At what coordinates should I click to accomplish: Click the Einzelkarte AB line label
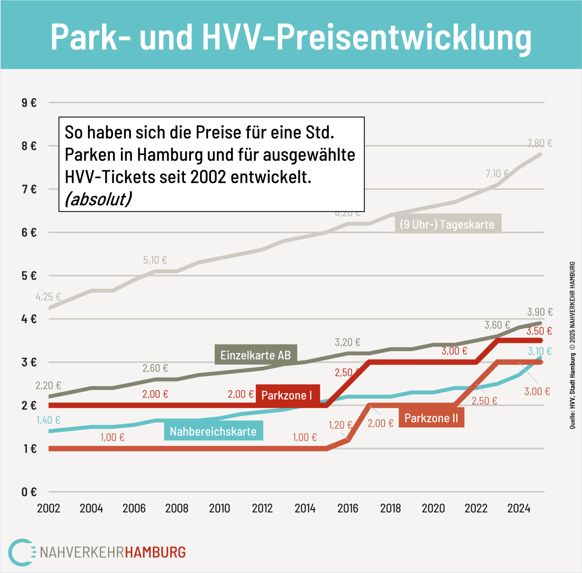coord(256,355)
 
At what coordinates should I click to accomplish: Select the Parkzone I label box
coord(287,395)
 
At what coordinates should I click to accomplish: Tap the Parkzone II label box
coord(431,418)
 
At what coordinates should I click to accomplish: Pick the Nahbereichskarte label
coord(213,431)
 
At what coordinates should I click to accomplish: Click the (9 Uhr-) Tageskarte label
coord(447,224)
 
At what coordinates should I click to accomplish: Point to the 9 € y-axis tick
coord(29,103)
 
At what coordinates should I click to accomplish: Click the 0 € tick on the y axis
coord(29,492)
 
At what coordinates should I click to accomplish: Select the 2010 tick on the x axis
coord(220,508)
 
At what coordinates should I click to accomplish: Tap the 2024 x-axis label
coord(519,508)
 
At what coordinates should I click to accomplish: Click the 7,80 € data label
coord(540,143)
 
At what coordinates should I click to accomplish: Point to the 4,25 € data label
coord(48,297)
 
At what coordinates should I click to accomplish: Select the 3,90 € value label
coord(540,312)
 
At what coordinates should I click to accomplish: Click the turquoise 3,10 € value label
coord(540,351)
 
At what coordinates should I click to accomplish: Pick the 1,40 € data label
coord(48,420)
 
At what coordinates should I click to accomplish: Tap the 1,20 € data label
coord(340,425)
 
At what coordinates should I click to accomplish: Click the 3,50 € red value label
coord(539,331)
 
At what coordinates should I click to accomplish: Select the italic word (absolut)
coord(98,199)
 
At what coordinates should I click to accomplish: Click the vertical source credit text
coord(572,345)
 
